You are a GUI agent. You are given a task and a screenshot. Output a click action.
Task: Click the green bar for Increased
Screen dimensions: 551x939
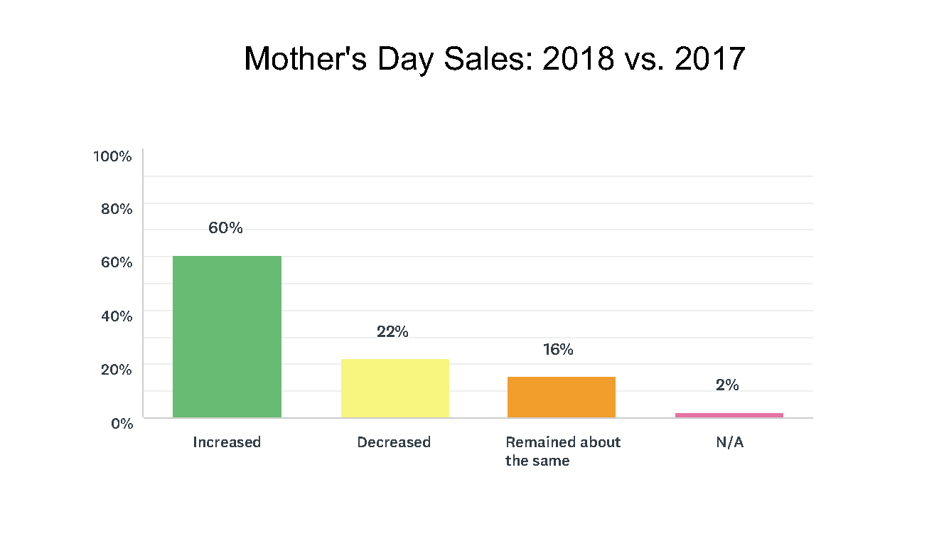point(227,336)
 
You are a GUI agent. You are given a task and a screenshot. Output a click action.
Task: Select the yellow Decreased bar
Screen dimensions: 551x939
point(395,388)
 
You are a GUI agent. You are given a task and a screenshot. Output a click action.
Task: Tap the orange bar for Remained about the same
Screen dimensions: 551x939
point(561,397)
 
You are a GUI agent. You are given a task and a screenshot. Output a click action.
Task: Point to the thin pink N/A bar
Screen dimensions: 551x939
point(729,415)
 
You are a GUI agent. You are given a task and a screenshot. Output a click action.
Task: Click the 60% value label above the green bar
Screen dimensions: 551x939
point(225,228)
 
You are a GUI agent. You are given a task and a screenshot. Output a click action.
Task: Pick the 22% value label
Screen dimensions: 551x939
point(392,332)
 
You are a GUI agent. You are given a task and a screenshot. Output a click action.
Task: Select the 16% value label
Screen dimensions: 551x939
point(558,350)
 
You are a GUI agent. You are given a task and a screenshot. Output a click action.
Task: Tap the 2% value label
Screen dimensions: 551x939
point(727,385)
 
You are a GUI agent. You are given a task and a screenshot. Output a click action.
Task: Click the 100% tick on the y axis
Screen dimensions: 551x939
point(112,156)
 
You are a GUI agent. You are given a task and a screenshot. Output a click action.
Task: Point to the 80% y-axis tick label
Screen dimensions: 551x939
point(115,209)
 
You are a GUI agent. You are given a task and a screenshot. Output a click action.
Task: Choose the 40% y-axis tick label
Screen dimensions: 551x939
point(115,316)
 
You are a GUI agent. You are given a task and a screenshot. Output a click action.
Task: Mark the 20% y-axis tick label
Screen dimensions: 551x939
point(115,369)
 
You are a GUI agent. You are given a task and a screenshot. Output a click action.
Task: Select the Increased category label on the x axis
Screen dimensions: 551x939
point(227,442)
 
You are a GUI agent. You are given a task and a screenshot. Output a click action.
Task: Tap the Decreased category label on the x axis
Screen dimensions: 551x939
point(394,442)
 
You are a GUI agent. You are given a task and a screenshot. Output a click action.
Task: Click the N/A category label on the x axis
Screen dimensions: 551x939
point(729,442)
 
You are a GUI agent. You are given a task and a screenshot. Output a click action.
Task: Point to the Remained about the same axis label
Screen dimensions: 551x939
point(562,451)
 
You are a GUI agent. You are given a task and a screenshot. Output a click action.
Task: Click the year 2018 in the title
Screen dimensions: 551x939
point(578,59)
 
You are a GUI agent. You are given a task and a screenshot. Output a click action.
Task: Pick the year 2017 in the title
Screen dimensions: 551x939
point(710,59)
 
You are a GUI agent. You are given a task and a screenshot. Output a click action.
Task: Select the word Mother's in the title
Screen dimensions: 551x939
point(306,59)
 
